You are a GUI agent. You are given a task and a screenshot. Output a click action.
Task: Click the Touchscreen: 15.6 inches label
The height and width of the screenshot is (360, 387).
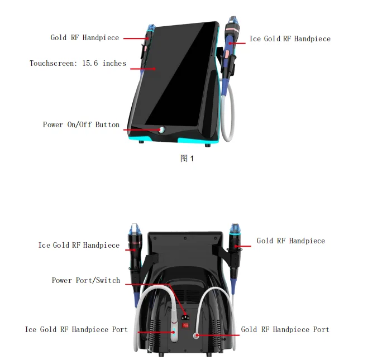tap(78, 64)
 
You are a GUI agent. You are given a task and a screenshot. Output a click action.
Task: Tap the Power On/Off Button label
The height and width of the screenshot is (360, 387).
tap(81, 124)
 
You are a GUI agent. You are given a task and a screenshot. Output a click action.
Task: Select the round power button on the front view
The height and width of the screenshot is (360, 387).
tap(161, 129)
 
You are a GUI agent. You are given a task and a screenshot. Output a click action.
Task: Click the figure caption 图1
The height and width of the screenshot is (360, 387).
tap(187, 159)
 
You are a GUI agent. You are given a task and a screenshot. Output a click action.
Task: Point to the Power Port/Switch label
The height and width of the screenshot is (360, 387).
tap(86, 280)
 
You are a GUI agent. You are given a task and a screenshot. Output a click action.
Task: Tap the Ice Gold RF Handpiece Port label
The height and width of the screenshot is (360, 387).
tap(76, 329)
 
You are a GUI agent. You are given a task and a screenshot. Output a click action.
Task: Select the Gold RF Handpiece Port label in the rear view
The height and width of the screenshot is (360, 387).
tap(285, 329)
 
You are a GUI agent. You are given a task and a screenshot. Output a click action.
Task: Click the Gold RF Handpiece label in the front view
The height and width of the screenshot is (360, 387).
tap(85, 38)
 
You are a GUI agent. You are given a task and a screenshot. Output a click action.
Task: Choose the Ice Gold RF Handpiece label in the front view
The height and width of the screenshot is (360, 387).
tap(290, 39)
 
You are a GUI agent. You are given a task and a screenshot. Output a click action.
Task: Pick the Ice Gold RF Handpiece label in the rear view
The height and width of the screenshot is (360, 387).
tap(79, 245)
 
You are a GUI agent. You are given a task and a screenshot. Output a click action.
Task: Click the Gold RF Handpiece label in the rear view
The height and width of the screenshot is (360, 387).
tap(290, 241)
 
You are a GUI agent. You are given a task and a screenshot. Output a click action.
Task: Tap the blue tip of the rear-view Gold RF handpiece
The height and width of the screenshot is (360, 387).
tap(234, 228)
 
